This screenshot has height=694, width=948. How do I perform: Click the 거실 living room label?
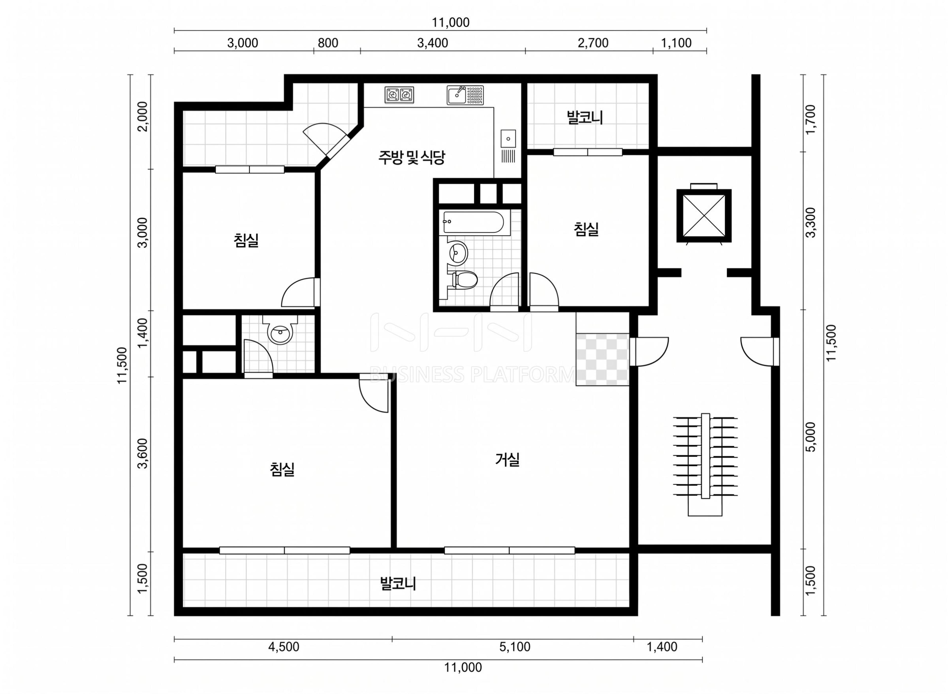click(x=507, y=460)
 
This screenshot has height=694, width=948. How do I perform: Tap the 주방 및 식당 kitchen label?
click(x=411, y=158)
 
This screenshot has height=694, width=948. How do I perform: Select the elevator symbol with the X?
click(x=704, y=216)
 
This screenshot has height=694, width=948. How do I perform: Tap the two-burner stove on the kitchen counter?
click(x=399, y=95)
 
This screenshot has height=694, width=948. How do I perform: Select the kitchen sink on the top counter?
click(x=465, y=95)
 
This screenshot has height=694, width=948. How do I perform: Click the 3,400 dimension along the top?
click(x=433, y=43)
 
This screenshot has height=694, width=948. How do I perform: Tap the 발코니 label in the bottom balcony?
click(x=398, y=583)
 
